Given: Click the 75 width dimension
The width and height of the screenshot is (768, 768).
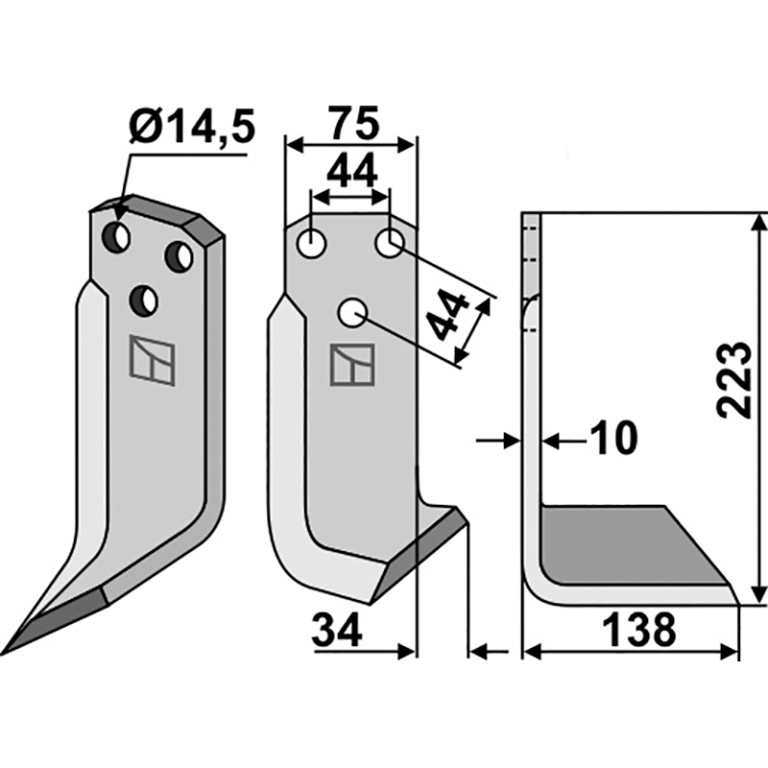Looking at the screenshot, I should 351,124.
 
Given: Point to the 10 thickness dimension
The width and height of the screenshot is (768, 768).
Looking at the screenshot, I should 612,439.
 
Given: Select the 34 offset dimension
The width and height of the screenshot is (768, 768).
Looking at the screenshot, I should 336,631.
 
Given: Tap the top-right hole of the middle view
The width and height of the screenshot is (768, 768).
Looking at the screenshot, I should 389,244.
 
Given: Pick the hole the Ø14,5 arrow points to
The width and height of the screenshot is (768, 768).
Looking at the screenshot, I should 118,234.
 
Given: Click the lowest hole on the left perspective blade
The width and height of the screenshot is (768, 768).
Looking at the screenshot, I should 146,301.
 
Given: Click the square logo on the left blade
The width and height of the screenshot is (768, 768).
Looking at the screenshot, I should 153,360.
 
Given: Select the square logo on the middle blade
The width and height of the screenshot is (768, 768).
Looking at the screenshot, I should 347,365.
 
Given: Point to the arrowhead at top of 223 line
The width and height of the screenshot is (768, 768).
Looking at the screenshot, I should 758,222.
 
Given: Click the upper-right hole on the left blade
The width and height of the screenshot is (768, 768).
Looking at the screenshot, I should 179,256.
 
